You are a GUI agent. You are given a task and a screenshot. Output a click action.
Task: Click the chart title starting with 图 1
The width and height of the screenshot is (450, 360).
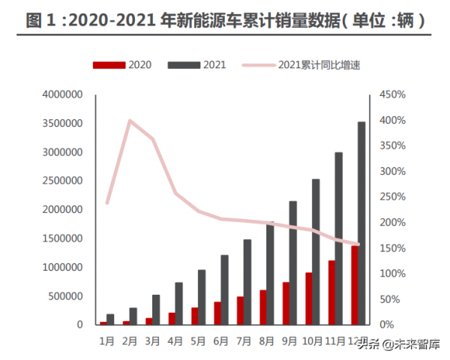coord(225,21)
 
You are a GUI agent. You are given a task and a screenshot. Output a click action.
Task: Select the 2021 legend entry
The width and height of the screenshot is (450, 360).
coord(197,64)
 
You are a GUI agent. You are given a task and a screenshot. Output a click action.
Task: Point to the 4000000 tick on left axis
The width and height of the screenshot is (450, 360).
coord(64,94)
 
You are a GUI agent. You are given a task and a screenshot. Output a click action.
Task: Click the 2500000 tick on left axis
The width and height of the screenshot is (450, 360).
coord(64,181)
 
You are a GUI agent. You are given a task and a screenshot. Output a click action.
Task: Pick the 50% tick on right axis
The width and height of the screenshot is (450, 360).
coord(391,299)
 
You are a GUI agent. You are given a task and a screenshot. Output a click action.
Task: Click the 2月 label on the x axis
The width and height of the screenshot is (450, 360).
coord(129,340)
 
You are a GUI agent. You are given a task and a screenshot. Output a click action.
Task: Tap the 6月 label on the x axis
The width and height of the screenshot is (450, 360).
coord(220,340)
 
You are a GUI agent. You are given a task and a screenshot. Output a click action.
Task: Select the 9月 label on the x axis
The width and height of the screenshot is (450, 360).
coord(289,340)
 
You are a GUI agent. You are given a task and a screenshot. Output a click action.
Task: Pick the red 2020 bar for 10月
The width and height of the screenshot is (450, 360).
coord(308,298)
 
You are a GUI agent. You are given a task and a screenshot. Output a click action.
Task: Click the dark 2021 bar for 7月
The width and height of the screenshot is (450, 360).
coord(247,283)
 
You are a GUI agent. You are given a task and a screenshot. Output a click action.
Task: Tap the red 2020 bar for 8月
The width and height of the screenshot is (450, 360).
coord(262,307)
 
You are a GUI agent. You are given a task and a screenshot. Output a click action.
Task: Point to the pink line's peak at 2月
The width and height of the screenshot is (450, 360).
coord(130,120)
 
